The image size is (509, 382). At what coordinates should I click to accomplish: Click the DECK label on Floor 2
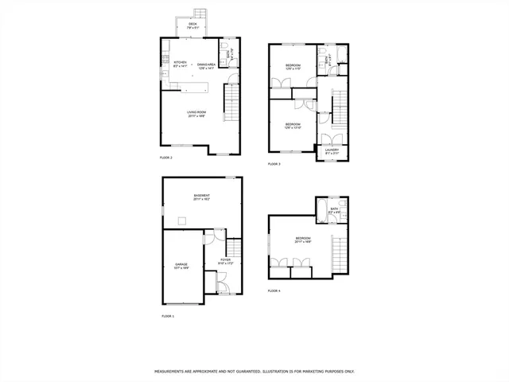tap(192, 25)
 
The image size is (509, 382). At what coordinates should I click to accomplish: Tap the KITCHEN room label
tap(181, 62)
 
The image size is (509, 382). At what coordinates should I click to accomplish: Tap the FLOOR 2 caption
tap(166, 158)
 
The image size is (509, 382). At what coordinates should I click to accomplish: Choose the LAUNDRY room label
tap(332, 150)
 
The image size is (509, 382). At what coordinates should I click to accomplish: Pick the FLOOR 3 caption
tap(274, 164)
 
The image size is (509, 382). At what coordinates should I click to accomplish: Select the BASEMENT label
tap(201, 196)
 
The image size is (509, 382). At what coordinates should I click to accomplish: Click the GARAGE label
tap(182, 264)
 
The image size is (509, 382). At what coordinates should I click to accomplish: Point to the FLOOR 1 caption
tap(168, 316)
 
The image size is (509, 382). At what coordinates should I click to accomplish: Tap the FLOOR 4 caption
tap(274, 291)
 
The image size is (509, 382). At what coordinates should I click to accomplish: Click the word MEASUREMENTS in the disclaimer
tap(173, 372)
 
